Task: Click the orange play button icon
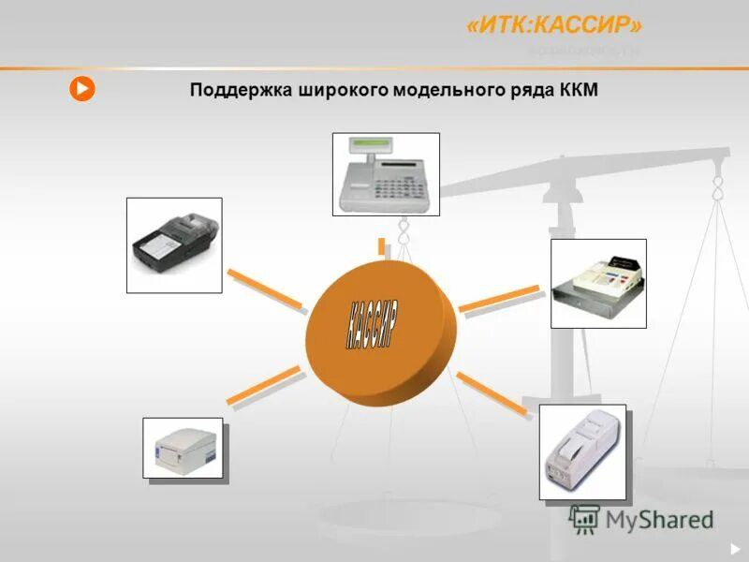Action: pyautogui.click(x=82, y=89)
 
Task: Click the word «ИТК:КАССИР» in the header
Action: pyautogui.click(x=554, y=26)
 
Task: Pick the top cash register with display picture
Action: pyautogui.click(x=386, y=174)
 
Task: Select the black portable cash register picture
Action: pyautogui.click(x=174, y=244)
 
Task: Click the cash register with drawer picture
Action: pyautogui.click(x=598, y=283)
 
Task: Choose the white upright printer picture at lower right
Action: pyautogui.click(x=581, y=451)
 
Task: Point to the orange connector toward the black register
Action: pyautogui.click(x=265, y=288)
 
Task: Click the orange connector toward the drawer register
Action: pyautogui.click(x=499, y=299)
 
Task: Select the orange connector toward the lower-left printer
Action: pyautogui.click(x=263, y=386)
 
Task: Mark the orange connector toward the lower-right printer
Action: pyautogui.click(x=492, y=392)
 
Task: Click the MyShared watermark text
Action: pyautogui.click(x=655, y=519)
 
